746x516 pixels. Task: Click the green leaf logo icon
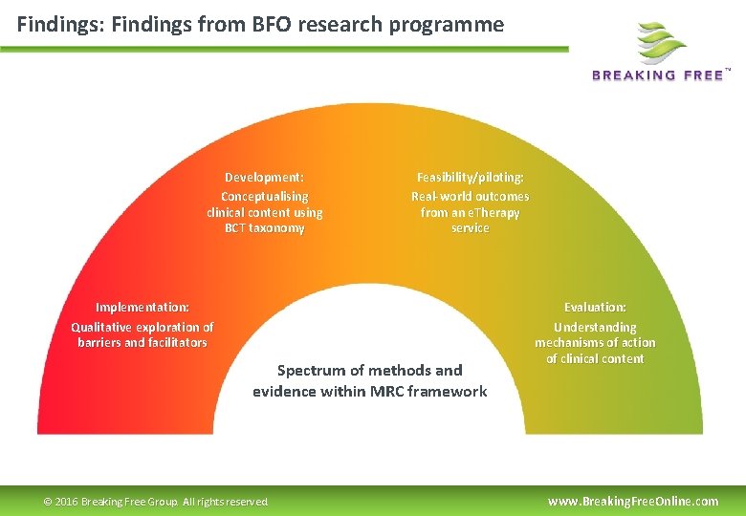662,42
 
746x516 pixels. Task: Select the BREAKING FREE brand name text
658,75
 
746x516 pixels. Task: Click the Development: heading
264,177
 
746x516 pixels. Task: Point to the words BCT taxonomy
264,228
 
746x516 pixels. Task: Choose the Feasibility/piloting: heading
470,177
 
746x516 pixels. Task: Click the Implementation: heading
143,307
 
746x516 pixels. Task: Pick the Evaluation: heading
595,307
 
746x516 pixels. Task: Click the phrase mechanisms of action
595,342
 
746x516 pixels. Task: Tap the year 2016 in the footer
67,502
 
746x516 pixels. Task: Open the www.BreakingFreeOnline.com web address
632,501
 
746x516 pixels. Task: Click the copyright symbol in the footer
49,502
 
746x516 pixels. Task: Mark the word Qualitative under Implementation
102,327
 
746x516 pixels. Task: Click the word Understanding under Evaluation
595,327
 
